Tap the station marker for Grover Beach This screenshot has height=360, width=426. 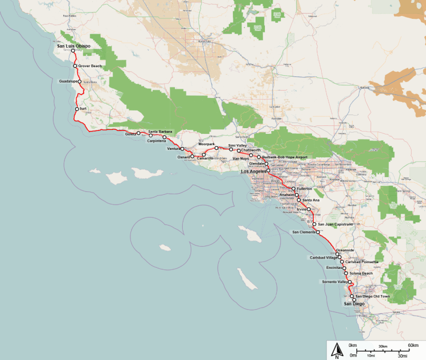[x=75, y=66]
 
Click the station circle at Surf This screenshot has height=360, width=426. [x=77, y=108]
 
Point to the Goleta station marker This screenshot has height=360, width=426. [x=138, y=133]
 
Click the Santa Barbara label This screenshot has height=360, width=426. [x=160, y=132]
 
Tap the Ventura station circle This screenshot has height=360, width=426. [x=183, y=149]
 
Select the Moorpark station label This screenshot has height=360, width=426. [x=207, y=144]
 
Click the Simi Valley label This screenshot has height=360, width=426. [x=237, y=146]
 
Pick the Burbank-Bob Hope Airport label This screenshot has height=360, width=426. [x=284, y=157]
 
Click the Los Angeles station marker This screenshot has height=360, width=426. [x=268, y=170]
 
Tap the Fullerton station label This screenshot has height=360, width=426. [x=304, y=189]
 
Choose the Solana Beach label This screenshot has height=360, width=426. [x=361, y=273]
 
